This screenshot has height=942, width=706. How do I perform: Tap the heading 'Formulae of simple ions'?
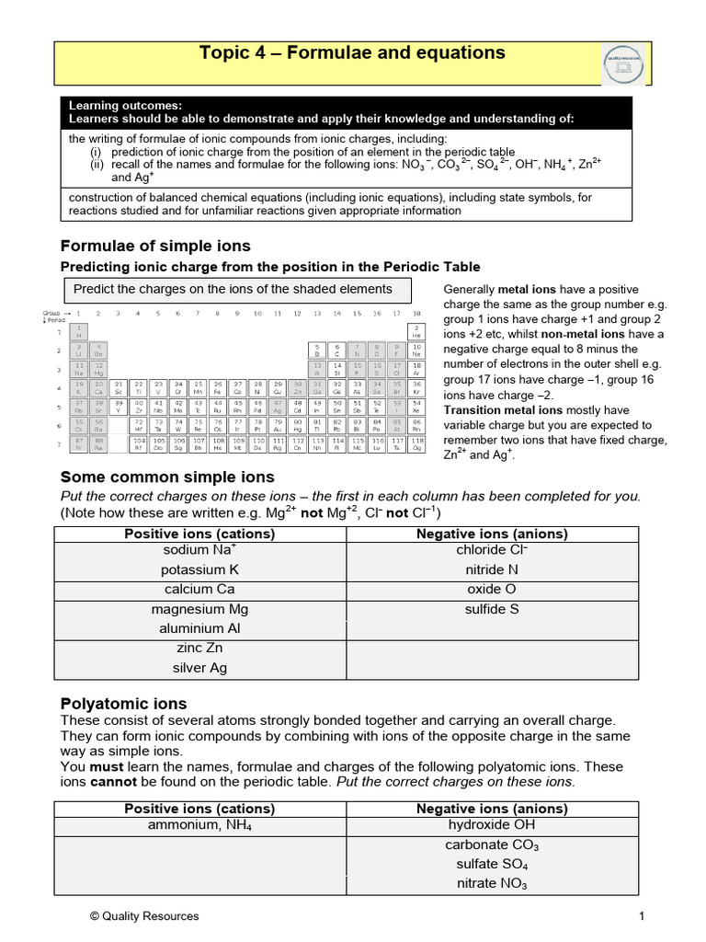[155, 247]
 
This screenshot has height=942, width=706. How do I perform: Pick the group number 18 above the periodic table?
[417, 314]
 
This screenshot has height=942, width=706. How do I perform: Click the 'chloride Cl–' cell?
[492, 550]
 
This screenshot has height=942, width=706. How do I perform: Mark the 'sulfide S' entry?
[492, 609]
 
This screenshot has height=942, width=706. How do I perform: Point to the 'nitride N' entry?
[492, 569]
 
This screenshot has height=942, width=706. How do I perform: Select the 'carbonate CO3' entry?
[492, 844]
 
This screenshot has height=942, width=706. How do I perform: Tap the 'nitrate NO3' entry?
[492, 884]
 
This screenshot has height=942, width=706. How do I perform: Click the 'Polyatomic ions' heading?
[123, 704]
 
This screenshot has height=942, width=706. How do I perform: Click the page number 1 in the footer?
[642, 916]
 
